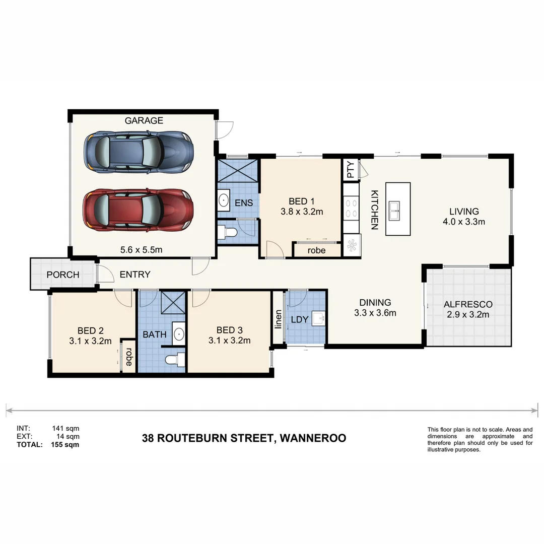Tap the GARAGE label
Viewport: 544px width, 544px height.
144,120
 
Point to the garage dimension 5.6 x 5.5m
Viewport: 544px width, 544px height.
144,249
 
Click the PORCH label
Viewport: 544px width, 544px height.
63,275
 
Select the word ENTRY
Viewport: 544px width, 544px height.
135,275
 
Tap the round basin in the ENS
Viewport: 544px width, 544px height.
224,200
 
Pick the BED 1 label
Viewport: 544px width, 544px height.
301,201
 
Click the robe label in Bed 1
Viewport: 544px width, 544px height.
316,250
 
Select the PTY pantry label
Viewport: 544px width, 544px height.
351,170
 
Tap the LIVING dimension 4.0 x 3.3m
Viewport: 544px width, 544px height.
464,222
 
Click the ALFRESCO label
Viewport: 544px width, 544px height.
468,304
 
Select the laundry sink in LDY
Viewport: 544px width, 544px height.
317,319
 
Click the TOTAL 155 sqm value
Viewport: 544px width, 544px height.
65,445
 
